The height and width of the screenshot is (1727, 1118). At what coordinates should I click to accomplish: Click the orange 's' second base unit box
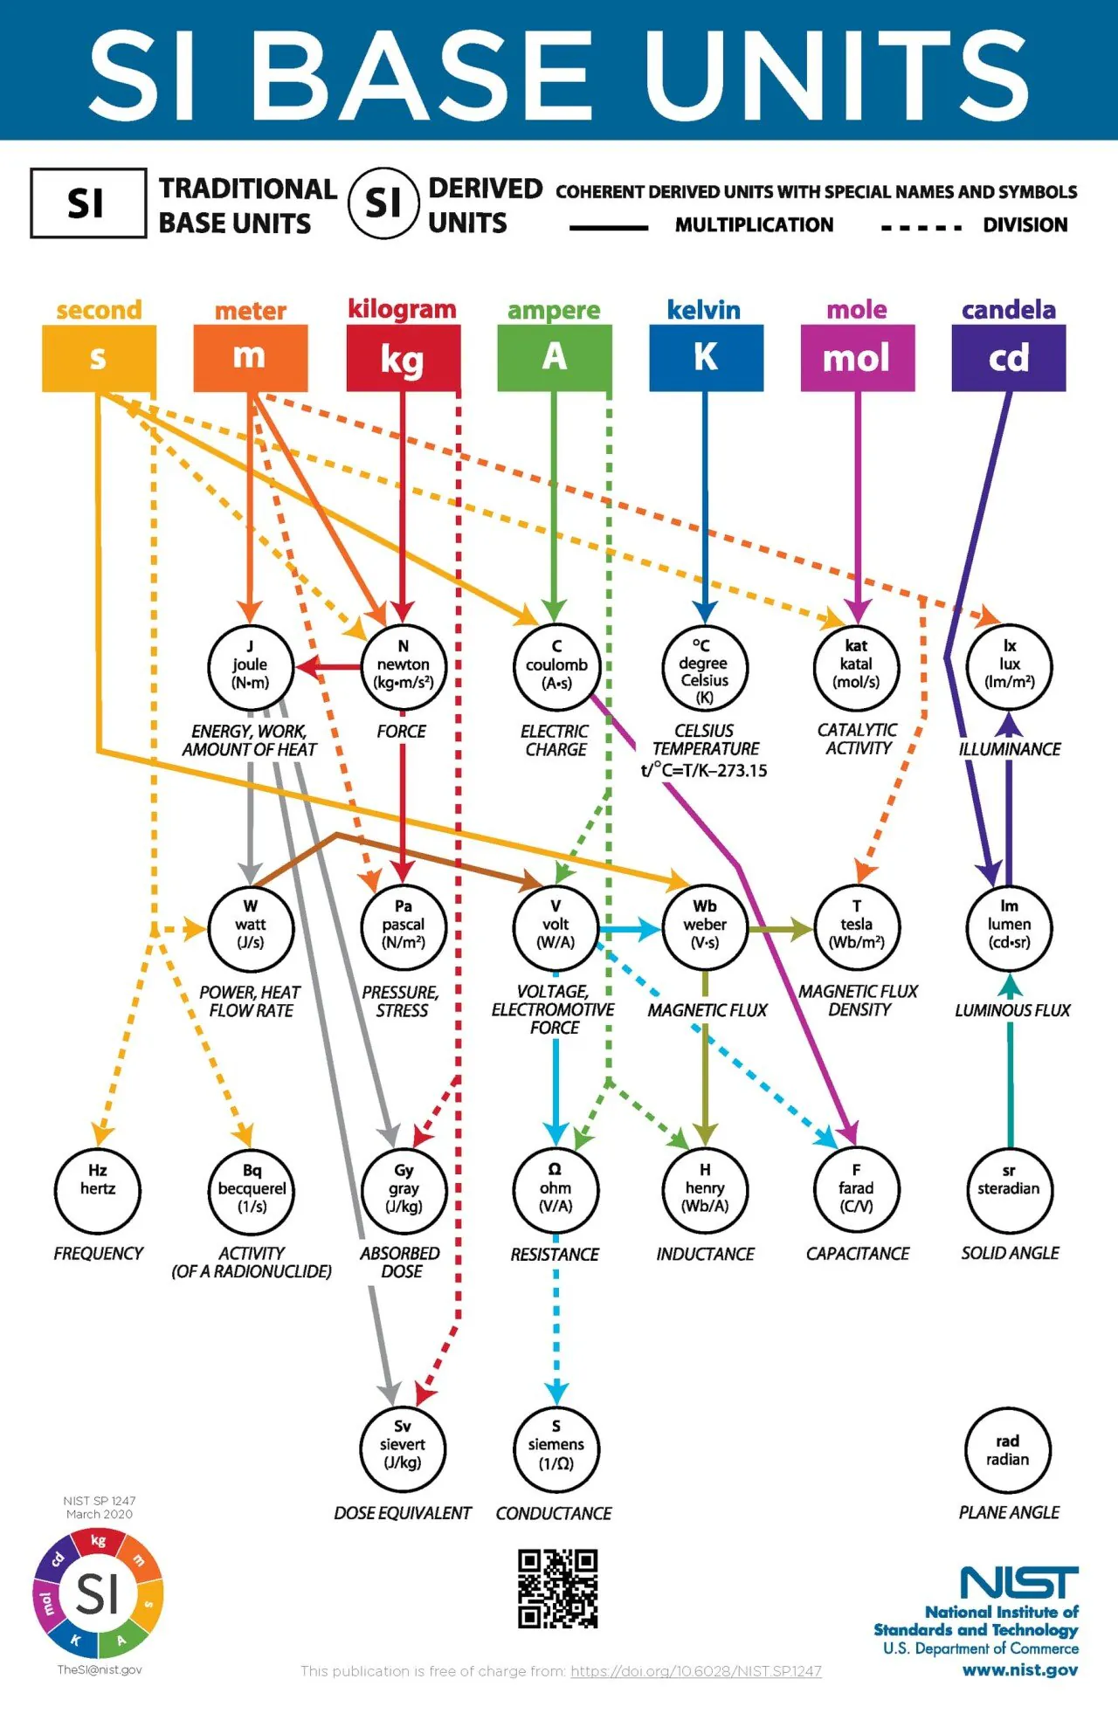(x=99, y=358)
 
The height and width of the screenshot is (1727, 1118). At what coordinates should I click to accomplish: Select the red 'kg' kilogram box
(x=403, y=358)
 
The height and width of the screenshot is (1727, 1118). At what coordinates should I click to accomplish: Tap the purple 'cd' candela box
(x=1008, y=358)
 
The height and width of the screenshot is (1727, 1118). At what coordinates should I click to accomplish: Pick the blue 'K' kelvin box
(x=706, y=358)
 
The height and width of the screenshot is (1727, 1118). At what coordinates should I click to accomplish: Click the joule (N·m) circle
(x=250, y=666)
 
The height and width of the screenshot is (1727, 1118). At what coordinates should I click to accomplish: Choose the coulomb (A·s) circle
(x=556, y=666)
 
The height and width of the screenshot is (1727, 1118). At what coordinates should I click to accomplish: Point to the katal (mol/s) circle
(x=856, y=666)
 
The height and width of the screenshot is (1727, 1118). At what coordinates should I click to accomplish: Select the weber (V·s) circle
(x=705, y=925)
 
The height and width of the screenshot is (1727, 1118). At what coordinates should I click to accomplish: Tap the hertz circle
(x=98, y=1189)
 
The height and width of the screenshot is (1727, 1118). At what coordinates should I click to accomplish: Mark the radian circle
(x=1008, y=1451)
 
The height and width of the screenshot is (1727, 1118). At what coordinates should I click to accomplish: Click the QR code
(x=557, y=1588)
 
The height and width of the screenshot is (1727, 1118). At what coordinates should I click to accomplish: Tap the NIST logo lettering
(x=1018, y=1582)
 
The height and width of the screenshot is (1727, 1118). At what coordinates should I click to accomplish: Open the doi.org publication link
(x=696, y=1671)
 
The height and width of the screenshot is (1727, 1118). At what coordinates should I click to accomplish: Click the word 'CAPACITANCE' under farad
(x=857, y=1254)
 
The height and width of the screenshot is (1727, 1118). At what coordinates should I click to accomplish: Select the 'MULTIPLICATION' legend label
(x=754, y=225)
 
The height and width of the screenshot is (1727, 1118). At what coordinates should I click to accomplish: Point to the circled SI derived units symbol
(x=383, y=203)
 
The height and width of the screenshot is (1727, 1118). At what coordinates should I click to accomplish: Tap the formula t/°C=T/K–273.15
(x=704, y=770)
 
